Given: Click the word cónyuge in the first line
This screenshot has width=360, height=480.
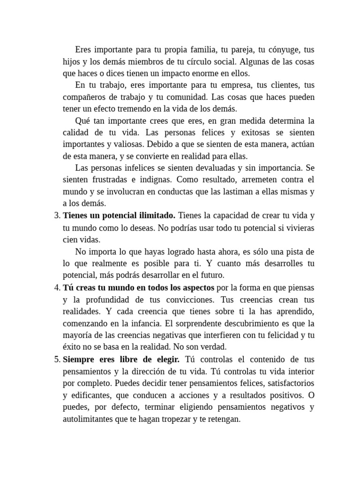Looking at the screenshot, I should (283, 50).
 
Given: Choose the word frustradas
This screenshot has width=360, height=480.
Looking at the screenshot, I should (106, 180).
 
